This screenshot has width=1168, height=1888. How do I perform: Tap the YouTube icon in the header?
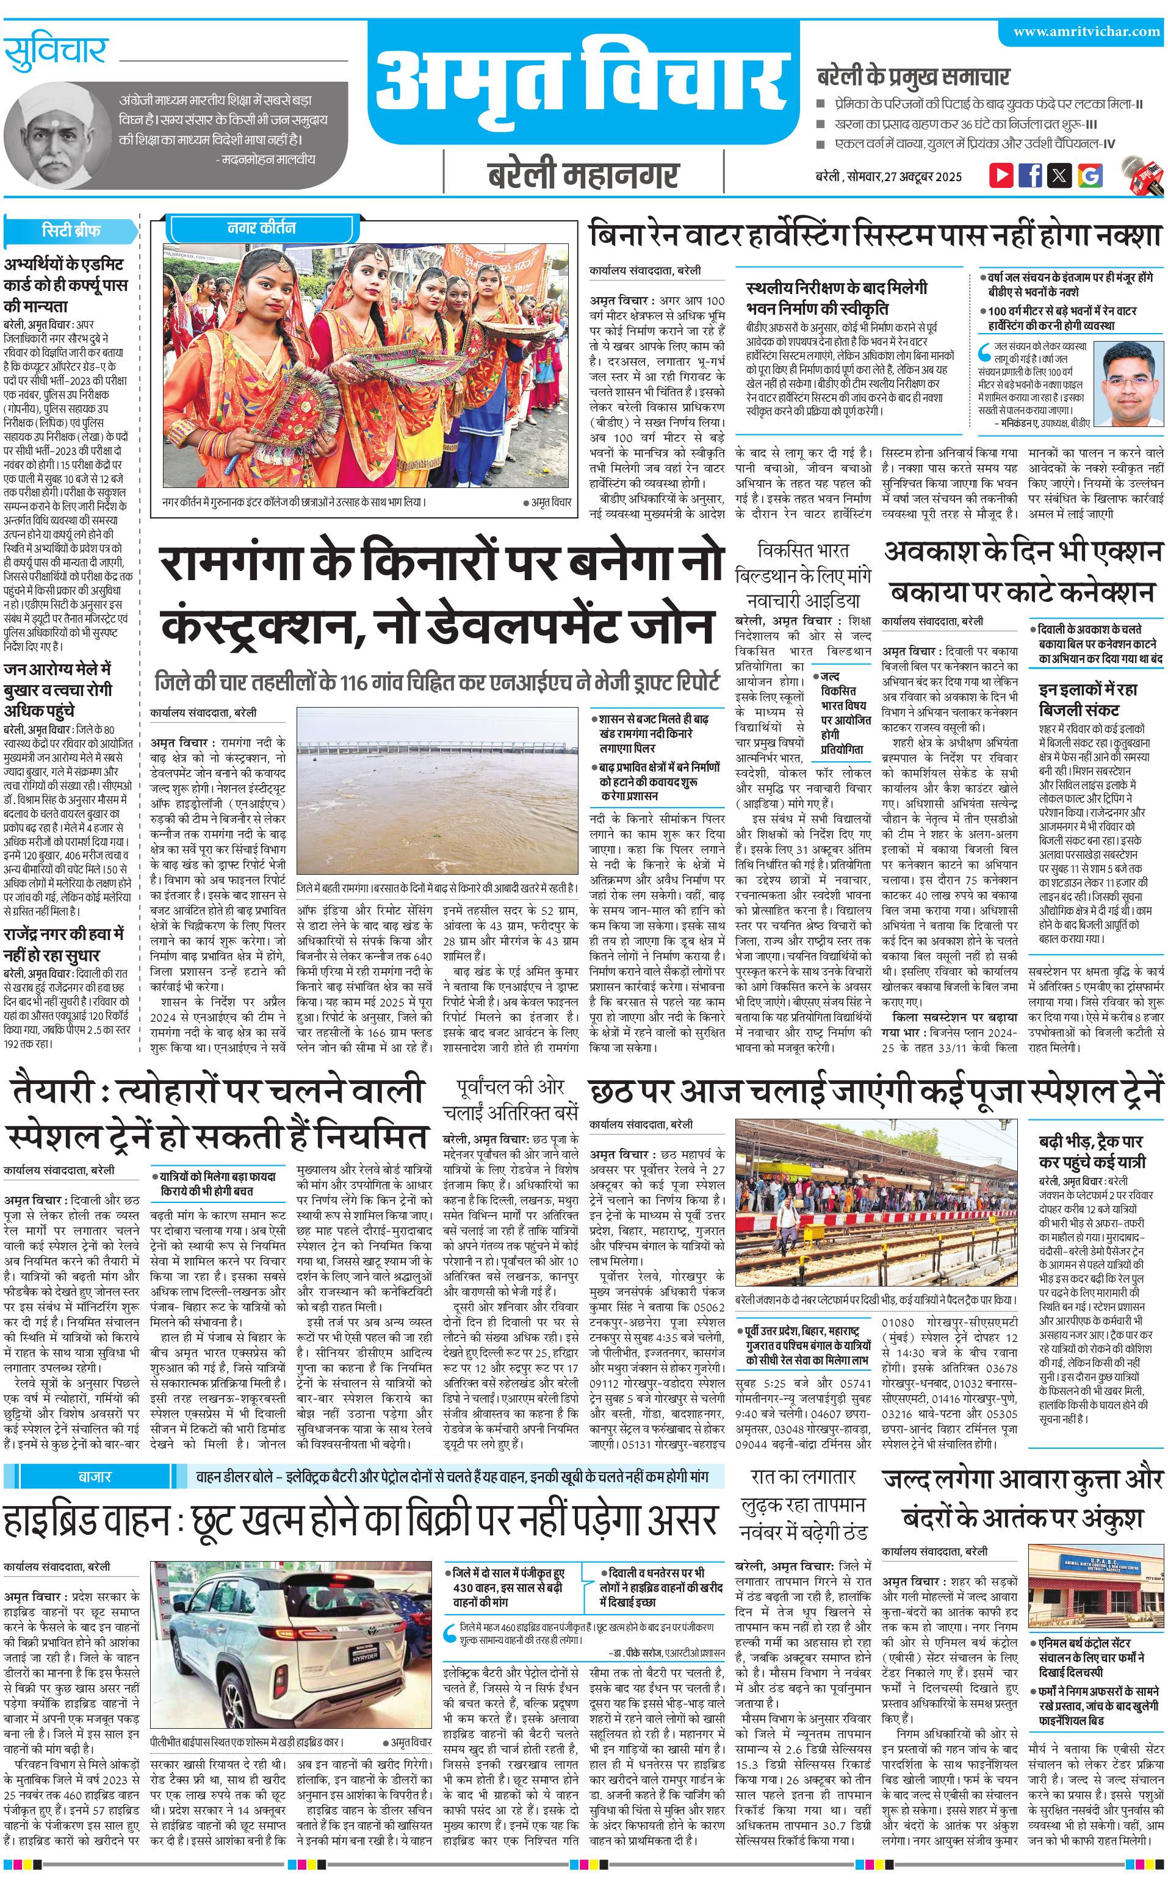(1001, 174)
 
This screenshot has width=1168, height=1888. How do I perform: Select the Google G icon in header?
(1090, 174)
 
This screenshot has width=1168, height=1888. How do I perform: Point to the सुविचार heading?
(55, 52)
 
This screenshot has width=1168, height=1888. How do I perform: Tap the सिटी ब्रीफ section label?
(71, 230)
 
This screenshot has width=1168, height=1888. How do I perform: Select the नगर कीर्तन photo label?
(261, 228)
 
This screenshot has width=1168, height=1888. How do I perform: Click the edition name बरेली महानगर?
(583, 175)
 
